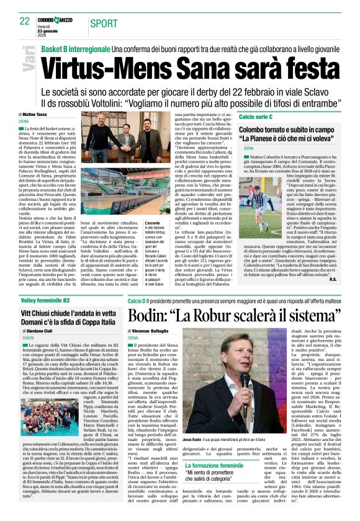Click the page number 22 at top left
tap(24, 22)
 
